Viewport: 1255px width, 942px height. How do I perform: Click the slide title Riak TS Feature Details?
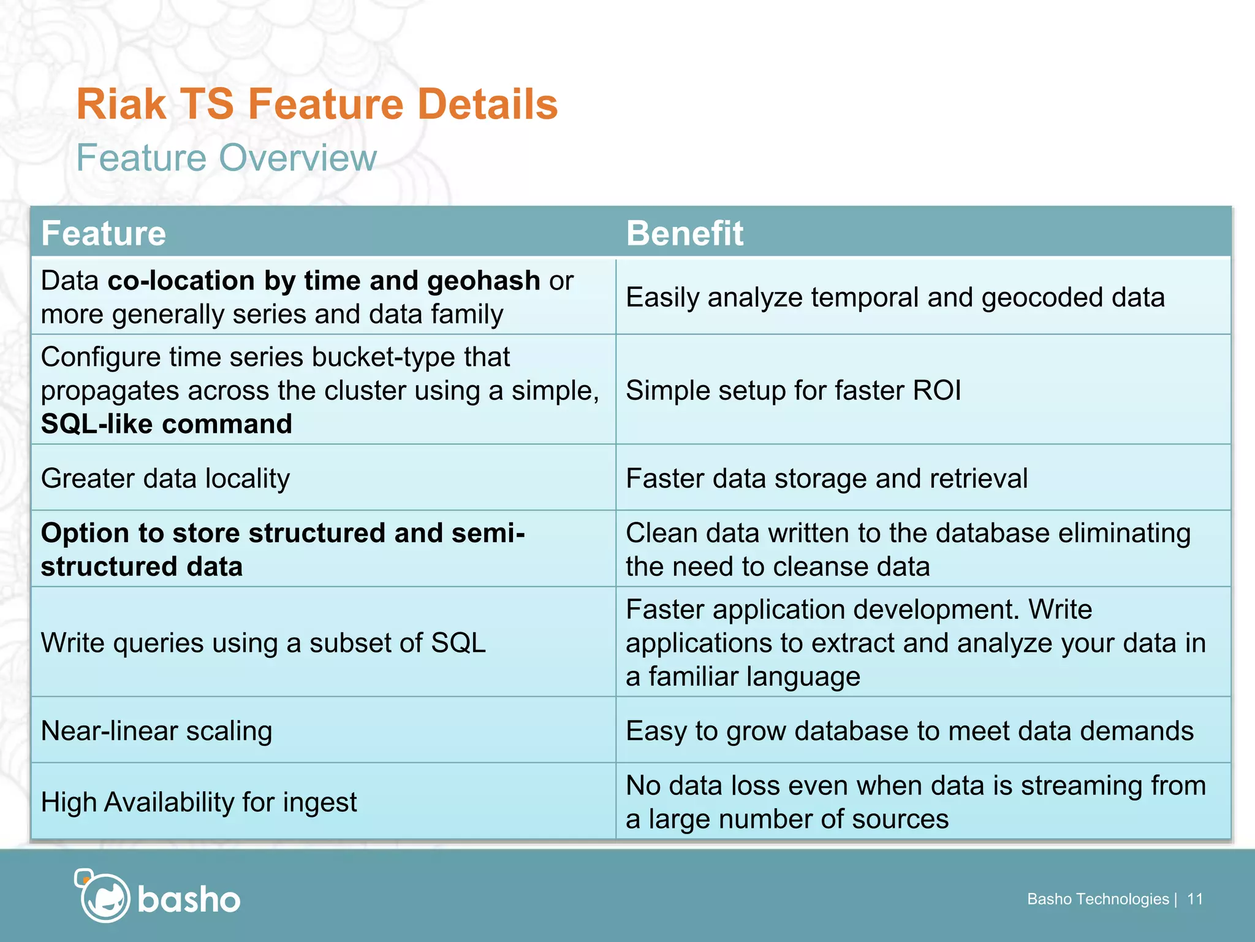click(317, 104)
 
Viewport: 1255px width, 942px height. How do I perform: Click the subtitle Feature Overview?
click(226, 158)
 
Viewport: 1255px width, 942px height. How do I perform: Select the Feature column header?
click(104, 234)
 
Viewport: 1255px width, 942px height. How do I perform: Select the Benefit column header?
click(684, 234)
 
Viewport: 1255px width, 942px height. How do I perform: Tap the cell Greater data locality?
click(165, 478)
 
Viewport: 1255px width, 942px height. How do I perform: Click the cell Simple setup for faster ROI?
click(793, 391)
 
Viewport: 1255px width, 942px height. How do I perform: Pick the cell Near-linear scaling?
click(156, 731)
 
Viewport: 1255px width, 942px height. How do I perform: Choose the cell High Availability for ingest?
click(199, 802)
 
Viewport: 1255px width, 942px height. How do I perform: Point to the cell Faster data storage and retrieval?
click(826, 478)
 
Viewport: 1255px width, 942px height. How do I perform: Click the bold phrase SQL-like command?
click(166, 424)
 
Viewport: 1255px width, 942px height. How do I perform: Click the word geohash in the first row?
click(483, 281)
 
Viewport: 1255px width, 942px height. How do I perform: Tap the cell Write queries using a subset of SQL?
click(263, 643)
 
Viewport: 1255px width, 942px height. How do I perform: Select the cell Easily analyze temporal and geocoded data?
click(895, 297)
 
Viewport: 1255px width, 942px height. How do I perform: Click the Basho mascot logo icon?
click(103, 896)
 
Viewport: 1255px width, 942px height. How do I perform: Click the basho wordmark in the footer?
click(189, 900)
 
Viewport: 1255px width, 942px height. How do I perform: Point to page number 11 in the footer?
click(1194, 899)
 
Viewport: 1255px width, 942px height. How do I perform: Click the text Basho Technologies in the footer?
click(1098, 899)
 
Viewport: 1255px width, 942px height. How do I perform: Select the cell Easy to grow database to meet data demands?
click(909, 731)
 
